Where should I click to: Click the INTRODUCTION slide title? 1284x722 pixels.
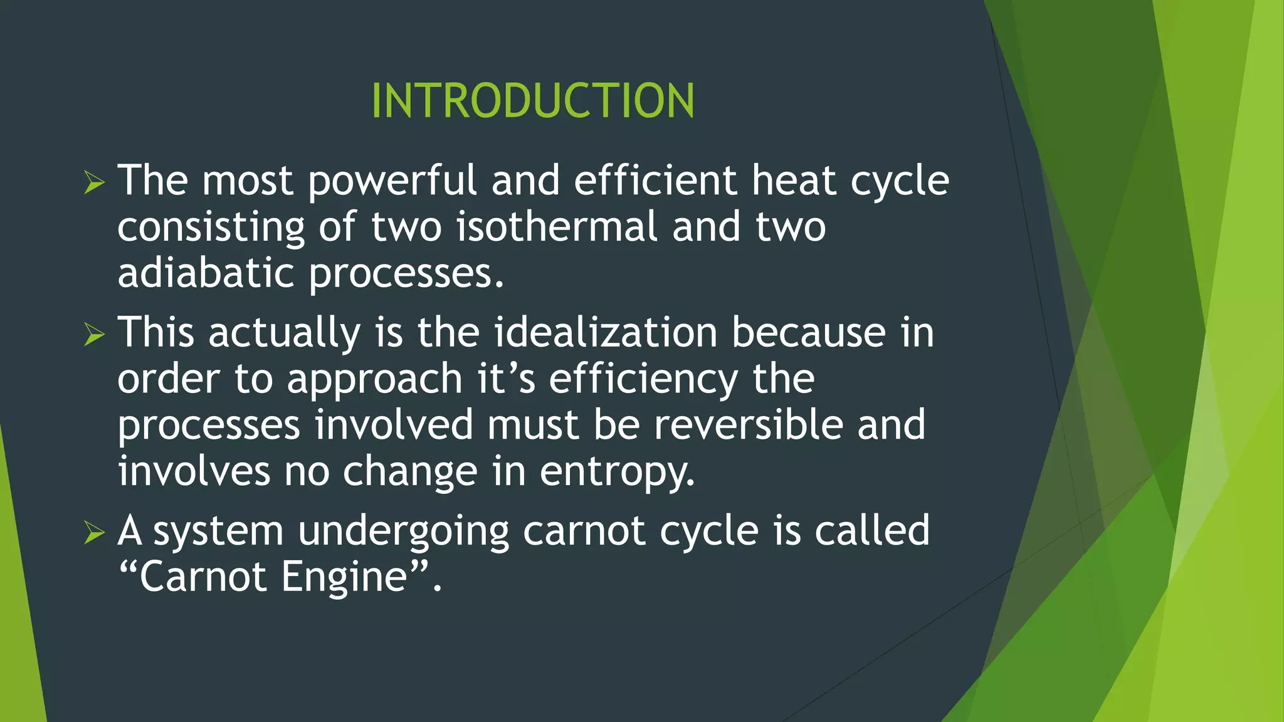(533, 101)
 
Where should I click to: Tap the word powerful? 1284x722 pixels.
(392, 182)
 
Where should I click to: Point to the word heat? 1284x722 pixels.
(794, 180)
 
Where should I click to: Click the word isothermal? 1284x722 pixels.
(557, 227)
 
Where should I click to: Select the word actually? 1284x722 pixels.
(284, 333)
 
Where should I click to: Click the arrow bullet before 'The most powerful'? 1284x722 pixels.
(93, 183)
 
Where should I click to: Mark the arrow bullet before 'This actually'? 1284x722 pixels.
(93, 335)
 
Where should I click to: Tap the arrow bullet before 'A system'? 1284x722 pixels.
(93, 533)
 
